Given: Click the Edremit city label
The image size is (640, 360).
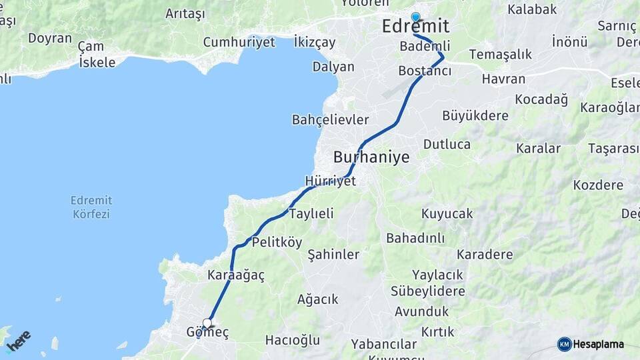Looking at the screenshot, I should click(x=415, y=27).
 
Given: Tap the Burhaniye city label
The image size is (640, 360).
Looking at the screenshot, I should click(x=371, y=157).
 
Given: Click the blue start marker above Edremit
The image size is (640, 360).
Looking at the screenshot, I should click(x=416, y=17).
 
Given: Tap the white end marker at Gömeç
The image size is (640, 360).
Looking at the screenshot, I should click(x=207, y=323).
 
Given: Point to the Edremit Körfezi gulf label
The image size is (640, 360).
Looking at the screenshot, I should click(x=91, y=207).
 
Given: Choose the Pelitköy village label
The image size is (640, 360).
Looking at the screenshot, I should click(x=277, y=241).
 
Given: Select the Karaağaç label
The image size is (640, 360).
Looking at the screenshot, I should click(x=236, y=275).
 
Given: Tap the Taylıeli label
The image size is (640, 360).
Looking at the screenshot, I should click(x=311, y=213).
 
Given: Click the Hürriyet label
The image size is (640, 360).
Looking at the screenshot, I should click(x=330, y=181).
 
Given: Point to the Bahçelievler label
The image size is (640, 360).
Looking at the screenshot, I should click(x=330, y=120).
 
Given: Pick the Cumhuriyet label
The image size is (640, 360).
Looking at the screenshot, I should click(x=239, y=42).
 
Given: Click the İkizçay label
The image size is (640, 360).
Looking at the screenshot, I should click(x=315, y=43).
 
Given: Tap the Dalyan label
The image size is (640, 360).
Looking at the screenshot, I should click(x=333, y=67).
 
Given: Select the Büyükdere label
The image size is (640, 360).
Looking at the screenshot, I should click(x=475, y=115).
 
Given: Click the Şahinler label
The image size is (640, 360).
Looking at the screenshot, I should click(x=333, y=255).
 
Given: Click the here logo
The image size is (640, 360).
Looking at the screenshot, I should click(x=18, y=341).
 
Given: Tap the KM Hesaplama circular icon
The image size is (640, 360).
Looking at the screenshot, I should click(x=565, y=344).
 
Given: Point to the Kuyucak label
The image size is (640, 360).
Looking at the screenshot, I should click(x=447, y=213).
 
